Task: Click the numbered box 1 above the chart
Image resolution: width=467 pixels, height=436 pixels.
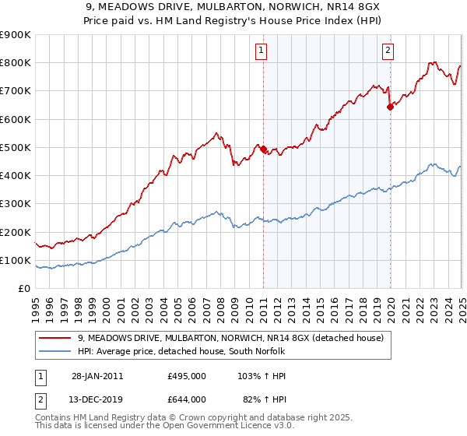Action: click(261, 51)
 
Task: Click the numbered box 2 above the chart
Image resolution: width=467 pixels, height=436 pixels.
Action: click(388, 51)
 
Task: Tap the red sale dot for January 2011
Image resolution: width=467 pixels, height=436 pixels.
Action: click(263, 149)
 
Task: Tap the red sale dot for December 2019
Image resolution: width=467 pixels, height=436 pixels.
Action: click(390, 107)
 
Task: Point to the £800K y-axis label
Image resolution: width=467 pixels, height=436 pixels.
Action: click(15, 63)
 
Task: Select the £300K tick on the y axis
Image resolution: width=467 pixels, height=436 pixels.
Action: click(15, 204)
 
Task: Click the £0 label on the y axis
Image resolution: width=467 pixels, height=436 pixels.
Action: click(24, 289)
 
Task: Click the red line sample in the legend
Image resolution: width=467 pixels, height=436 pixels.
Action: click(55, 339)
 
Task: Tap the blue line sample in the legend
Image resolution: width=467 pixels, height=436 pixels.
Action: click(55, 352)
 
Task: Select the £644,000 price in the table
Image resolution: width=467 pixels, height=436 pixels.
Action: click(187, 399)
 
